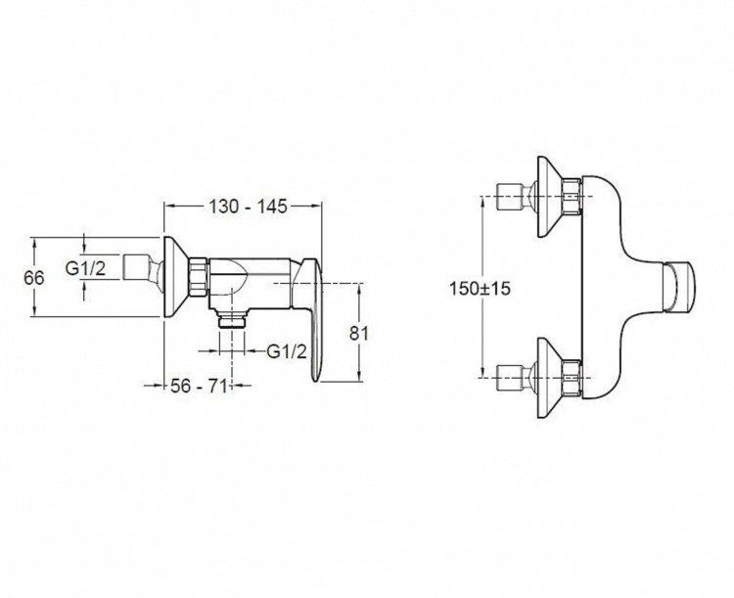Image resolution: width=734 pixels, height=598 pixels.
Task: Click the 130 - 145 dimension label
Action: coord(248,207)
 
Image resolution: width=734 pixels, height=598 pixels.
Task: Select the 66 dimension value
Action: coord(33,278)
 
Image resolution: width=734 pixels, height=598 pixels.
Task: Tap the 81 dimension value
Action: coord(359,334)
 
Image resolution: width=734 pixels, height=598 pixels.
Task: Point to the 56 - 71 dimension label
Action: coord(199,386)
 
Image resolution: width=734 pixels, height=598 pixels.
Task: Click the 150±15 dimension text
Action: coord(480,288)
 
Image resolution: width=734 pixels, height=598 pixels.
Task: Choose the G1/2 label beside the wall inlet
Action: coord(86,269)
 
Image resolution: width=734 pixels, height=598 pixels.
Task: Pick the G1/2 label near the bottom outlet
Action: coord(287,350)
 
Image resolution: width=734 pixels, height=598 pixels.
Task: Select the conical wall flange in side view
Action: coord(175,277)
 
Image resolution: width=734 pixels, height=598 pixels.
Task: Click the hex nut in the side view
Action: coord(198,277)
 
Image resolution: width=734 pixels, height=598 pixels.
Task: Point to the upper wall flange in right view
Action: coord(550,197)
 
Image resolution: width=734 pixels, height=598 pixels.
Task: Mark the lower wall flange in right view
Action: coord(550,379)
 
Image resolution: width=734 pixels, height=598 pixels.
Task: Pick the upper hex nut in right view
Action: coord(573,197)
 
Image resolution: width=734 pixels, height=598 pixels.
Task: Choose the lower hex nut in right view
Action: coord(573,379)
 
